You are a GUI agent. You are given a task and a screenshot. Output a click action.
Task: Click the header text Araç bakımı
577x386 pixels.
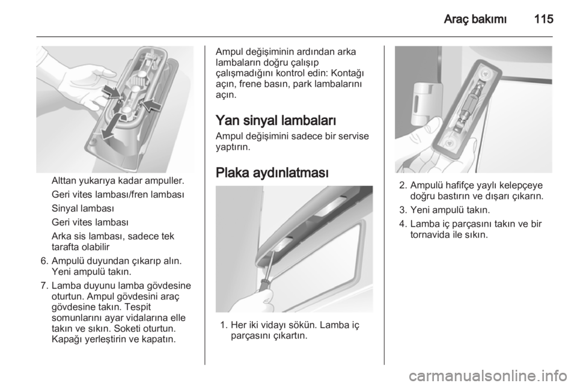[475, 19]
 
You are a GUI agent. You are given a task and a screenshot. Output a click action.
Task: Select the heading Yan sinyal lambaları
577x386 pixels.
[276, 120]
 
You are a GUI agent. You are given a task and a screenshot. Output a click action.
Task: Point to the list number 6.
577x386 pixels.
[44, 262]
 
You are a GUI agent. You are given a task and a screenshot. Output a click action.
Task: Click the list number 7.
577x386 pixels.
[44, 286]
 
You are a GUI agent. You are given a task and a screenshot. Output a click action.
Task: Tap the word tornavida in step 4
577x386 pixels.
[429, 234]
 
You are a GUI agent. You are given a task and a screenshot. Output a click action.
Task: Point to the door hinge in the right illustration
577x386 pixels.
[422, 103]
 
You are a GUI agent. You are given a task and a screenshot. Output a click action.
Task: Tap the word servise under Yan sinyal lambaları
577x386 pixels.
[353, 136]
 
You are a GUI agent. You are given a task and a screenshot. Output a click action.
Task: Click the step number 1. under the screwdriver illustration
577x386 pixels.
[224, 325]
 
